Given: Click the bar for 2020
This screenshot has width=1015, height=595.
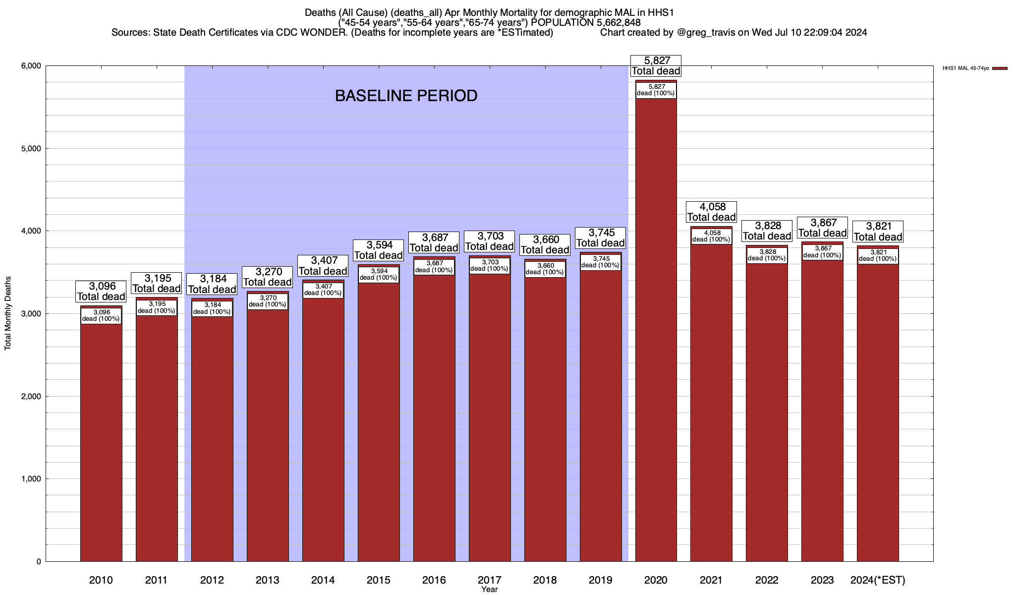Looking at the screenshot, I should coord(656,347).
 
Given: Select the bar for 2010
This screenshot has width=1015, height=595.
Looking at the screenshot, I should coord(101,446).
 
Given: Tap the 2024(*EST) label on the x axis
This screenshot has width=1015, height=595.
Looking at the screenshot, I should coord(877,580).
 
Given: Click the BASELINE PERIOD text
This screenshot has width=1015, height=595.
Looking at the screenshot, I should coord(406,96).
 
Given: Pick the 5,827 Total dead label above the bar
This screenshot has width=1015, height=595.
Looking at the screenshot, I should coord(656,66).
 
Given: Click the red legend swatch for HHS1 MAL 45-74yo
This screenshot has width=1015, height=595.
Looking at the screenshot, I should coord(1000,68).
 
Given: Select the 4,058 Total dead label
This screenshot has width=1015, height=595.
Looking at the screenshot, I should coord(711,212).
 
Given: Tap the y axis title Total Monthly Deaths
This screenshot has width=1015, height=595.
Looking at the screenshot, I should coord(8,313).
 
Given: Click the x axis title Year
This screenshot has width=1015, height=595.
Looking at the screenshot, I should coord(489,589).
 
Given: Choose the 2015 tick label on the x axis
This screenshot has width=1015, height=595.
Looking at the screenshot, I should coord(378,580).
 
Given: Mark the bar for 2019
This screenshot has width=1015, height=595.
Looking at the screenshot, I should coord(601,421).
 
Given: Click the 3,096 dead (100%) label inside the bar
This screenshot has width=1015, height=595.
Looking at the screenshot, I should coord(101,315).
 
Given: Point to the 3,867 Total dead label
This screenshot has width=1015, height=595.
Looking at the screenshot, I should coord(822,228).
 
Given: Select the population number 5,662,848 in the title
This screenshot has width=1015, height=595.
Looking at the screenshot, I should coord(611,23).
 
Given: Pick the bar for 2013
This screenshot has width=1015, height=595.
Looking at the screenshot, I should coord(268,436).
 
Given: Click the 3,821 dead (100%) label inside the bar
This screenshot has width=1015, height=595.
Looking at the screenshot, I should coord(878,255).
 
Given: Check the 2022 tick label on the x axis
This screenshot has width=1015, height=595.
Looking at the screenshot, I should coord(767,580).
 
